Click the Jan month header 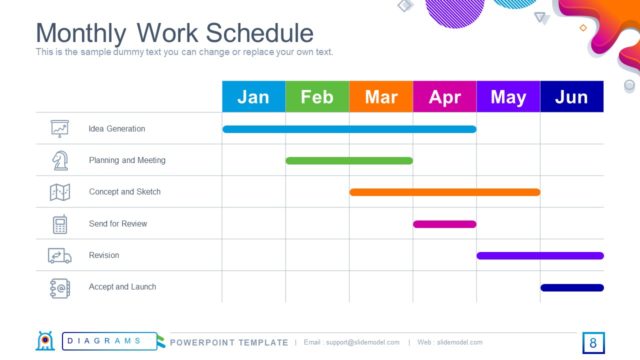coord(253,97)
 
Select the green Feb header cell coord(317,97)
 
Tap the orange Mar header coord(381,97)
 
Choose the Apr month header coord(444,97)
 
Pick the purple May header coord(508,97)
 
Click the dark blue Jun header coord(572,97)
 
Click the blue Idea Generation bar coord(349,129)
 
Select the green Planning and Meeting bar coord(349,160)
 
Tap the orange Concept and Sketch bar coord(444,192)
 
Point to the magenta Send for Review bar coord(444,224)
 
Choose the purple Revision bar coord(540,256)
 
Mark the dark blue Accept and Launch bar coord(572,288)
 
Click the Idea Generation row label coord(117,129)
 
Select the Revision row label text coord(104,256)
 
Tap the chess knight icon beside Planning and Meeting coord(60,160)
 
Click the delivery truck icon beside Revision coord(60,256)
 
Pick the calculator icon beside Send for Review coord(60,224)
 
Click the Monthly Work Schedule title coord(175,32)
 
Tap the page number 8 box coord(593,343)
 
